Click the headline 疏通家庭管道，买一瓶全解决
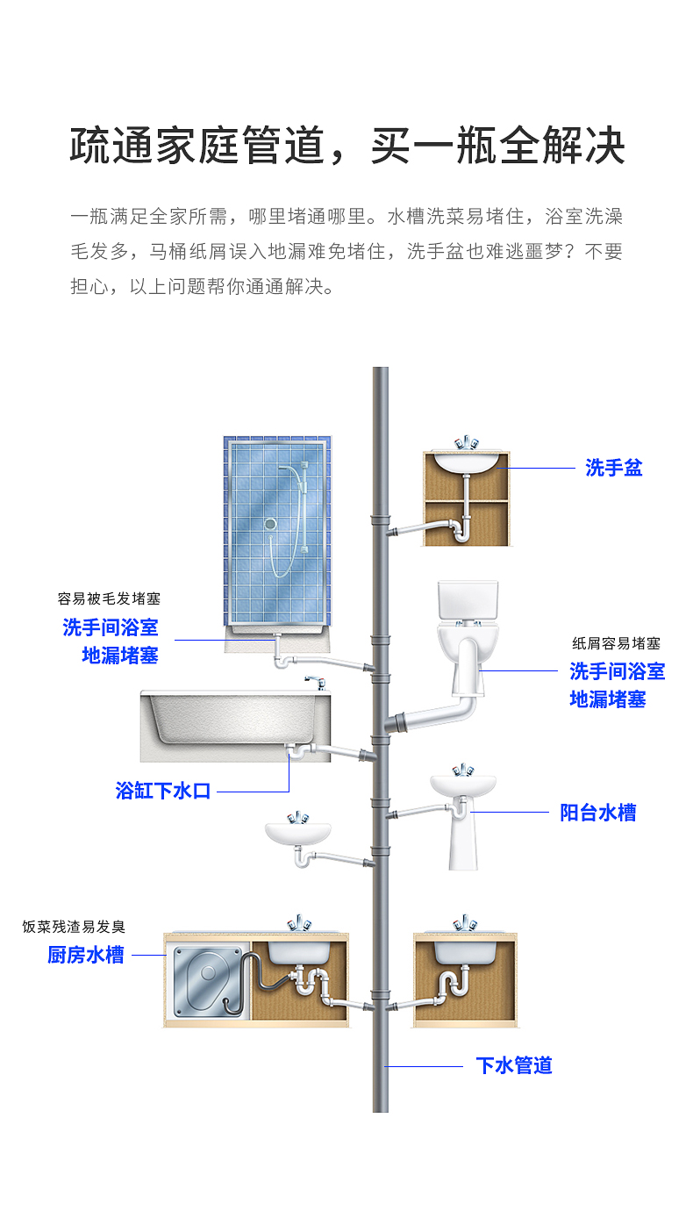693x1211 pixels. tap(346, 146)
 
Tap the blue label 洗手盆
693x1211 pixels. tap(613, 468)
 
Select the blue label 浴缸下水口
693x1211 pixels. tap(163, 790)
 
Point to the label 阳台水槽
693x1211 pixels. tap(597, 813)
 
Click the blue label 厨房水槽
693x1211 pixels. tap(86, 955)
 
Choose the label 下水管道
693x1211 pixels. tap(514, 1065)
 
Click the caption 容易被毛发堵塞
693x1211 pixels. tap(109, 599)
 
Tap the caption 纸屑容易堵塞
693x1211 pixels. tap(616, 644)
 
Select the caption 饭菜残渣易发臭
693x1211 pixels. tap(74, 927)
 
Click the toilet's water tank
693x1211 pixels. tap(468, 599)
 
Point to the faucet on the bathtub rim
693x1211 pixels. tap(313, 682)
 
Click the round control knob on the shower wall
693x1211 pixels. tap(271, 524)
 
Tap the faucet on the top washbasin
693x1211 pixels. tap(466, 441)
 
